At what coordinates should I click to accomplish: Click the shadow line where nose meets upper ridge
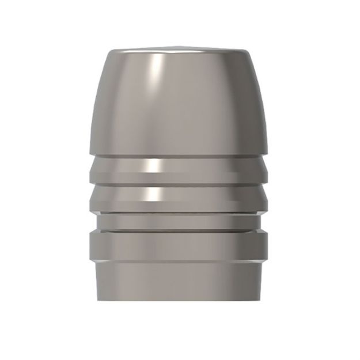(x=180, y=156)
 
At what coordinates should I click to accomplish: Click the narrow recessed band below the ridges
(x=180, y=221)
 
